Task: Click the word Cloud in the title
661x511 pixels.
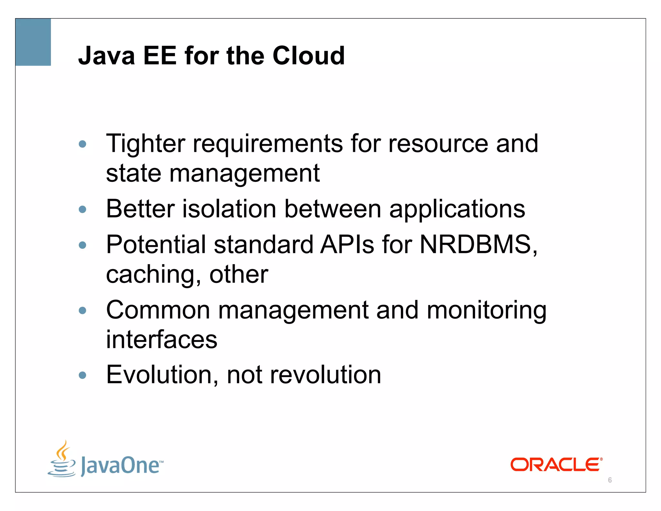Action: click(x=309, y=56)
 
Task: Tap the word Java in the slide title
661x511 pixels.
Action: click(x=107, y=56)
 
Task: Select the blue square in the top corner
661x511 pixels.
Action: click(x=33, y=42)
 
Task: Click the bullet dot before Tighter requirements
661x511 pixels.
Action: click(x=83, y=144)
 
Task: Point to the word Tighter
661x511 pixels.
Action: click(x=146, y=144)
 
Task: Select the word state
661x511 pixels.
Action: click(x=133, y=173)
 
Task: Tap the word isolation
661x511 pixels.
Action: click(x=229, y=209)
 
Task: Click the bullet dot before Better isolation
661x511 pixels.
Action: click(x=83, y=210)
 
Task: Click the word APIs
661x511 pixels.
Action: click(x=347, y=245)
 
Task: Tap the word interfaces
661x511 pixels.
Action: click(x=162, y=339)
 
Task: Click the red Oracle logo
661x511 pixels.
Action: click(x=556, y=464)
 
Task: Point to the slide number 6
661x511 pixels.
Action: click(x=610, y=480)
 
